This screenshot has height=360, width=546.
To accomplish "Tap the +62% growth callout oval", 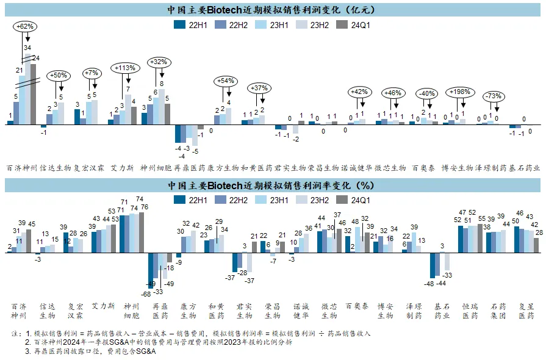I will (24, 27).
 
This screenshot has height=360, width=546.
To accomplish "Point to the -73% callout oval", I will (494, 96).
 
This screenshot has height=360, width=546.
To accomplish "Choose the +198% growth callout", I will (459, 92).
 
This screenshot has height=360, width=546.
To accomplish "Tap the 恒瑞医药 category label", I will (469, 311).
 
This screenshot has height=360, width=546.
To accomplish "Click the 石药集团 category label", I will (499, 311).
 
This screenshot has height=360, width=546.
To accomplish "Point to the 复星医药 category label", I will (526, 311).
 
